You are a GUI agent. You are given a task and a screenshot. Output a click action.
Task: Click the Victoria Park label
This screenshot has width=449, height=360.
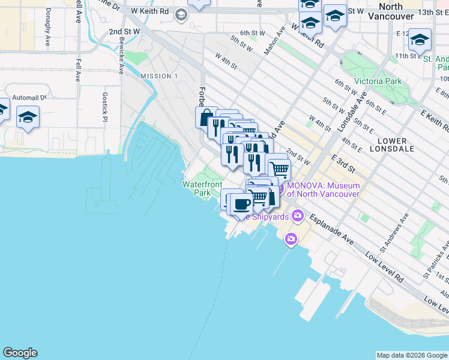(378, 81)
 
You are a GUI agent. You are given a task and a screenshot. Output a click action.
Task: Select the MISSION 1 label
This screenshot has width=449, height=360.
(159, 76)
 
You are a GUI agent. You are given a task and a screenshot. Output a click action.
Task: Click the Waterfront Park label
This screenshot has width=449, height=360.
(202, 188)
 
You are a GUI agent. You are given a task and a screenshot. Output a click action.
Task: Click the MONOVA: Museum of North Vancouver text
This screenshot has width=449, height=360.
(323, 190)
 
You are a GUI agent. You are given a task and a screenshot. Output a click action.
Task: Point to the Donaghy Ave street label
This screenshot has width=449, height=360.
(47, 30)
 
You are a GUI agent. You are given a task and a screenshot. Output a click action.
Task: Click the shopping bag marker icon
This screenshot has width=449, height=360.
(206, 116)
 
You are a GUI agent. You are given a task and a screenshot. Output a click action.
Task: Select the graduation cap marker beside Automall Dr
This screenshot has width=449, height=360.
(28, 117)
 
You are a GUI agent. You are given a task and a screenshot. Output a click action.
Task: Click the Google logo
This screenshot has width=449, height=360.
(20, 353)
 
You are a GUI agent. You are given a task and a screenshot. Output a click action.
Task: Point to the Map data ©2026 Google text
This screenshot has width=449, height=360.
(411, 355)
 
